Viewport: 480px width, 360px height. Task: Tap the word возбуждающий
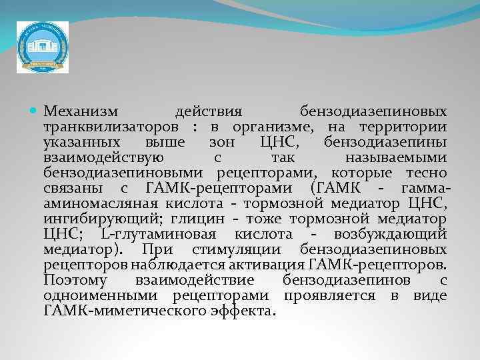click(x=387, y=235)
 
